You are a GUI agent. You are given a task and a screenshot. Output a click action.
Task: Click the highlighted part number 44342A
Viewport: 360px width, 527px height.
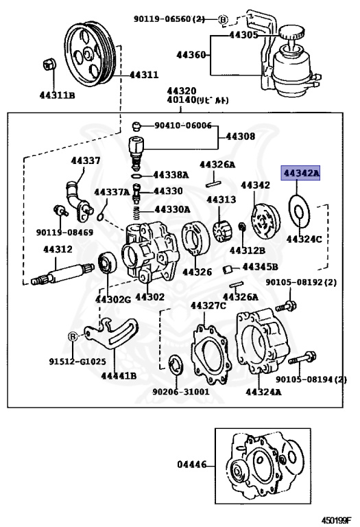(300, 173)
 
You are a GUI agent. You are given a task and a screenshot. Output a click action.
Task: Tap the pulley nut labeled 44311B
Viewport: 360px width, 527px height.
(49, 64)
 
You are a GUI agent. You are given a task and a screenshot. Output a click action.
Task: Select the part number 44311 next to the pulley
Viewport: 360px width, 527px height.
(144, 75)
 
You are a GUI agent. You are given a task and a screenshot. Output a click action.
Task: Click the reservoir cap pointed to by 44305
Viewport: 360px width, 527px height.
(291, 32)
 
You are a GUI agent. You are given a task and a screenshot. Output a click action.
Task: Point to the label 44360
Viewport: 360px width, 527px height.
(191, 54)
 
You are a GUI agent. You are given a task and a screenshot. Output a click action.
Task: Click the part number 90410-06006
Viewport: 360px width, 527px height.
(183, 126)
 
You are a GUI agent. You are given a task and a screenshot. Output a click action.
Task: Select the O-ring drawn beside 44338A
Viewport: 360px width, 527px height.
(137, 176)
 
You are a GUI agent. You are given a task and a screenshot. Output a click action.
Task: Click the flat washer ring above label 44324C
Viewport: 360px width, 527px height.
(300, 212)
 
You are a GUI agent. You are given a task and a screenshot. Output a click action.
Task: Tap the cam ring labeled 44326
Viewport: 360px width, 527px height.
(195, 239)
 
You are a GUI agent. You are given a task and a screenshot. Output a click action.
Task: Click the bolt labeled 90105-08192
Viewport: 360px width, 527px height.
(286, 306)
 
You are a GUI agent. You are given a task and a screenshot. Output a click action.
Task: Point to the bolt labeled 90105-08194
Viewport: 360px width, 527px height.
(302, 358)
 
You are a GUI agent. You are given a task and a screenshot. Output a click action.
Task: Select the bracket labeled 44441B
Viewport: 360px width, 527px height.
(112, 333)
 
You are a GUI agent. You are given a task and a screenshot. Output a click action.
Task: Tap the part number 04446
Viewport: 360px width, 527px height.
(192, 465)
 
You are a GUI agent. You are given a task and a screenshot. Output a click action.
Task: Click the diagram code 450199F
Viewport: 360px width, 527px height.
(337, 520)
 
